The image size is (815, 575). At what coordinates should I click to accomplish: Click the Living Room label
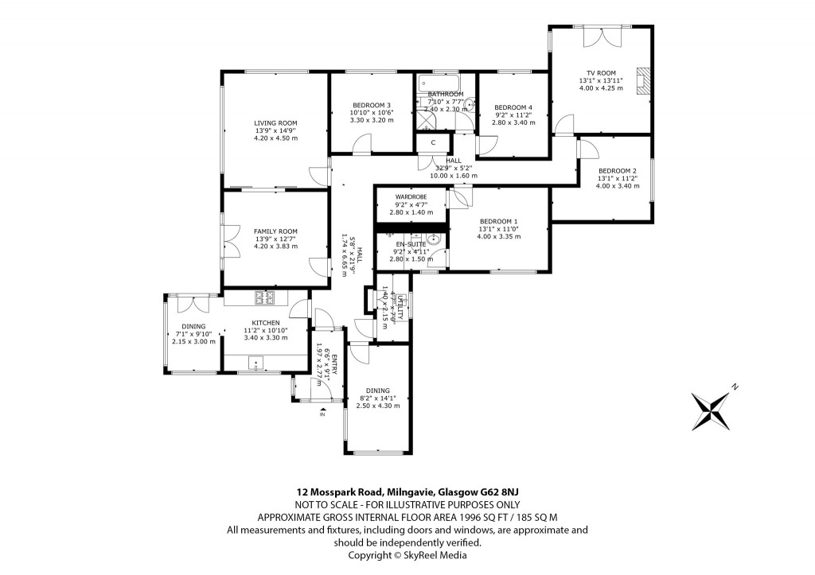(275, 123)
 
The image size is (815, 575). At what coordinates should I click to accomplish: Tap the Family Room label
(275, 231)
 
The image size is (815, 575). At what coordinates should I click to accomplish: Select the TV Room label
(601, 73)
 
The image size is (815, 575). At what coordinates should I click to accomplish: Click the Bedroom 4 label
(513, 107)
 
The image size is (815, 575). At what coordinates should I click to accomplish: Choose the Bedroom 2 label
(618, 171)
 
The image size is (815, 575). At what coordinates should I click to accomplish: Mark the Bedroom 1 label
(498, 222)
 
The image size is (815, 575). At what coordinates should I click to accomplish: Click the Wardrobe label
(411, 196)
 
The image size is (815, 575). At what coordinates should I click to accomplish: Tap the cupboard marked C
(432, 142)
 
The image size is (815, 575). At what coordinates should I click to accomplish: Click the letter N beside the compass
(735, 387)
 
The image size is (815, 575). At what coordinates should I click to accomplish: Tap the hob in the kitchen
(264, 298)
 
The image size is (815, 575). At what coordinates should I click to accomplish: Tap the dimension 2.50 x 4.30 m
(379, 406)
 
